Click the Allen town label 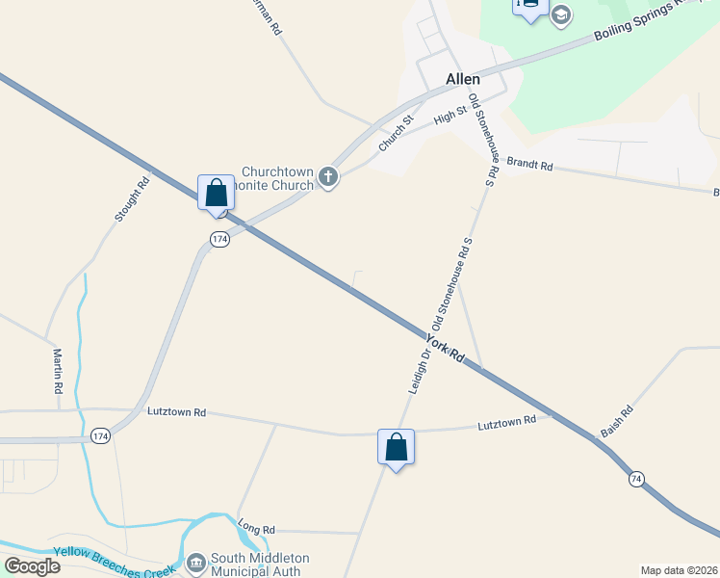pyautogui.click(x=463, y=79)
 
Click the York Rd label pyautogui.click(x=446, y=349)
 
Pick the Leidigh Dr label pyautogui.click(x=416, y=371)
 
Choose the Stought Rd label pyautogui.click(x=133, y=199)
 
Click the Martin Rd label pyautogui.click(x=58, y=371)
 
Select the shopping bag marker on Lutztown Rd pyautogui.click(x=396, y=447)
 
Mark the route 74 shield pyautogui.click(x=636, y=479)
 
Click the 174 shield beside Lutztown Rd pyautogui.click(x=99, y=436)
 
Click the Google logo pyautogui.click(x=33, y=565)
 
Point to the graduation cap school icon pyautogui.click(x=561, y=15)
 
